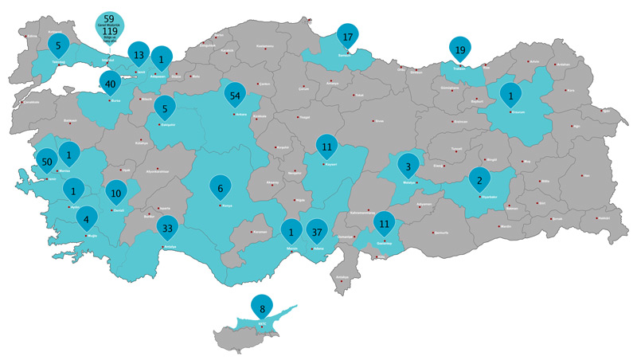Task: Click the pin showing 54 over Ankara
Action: (x=235, y=95)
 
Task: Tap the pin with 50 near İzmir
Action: (x=46, y=161)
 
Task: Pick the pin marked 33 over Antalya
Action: (x=166, y=228)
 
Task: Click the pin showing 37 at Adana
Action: (x=317, y=231)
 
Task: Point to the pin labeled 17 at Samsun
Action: (x=348, y=37)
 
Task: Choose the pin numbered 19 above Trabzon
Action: (x=460, y=49)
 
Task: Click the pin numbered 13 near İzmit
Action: (x=139, y=54)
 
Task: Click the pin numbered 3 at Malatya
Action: (x=408, y=166)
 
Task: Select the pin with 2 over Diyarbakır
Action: (x=479, y=180)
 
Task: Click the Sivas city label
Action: (x=379, y=121)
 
